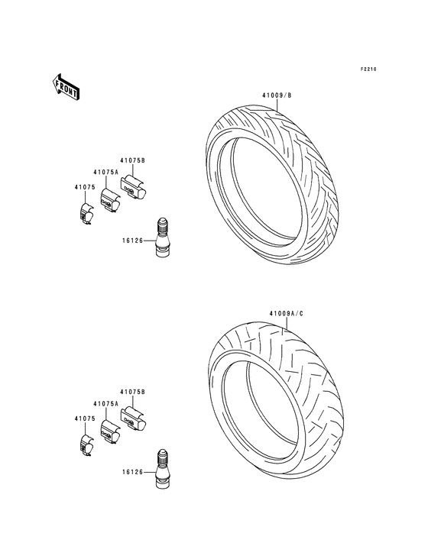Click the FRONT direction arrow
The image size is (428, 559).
tap(65, 86)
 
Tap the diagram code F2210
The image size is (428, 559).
tap(368, 69)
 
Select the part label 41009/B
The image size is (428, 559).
tap(277, 95)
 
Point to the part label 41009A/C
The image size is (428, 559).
tap(286, 314)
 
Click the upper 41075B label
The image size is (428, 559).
tap(132, 160)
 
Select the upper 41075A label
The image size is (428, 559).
tap(105, 172)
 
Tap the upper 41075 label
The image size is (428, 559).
tap(85, 187)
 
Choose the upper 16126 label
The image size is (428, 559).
tap(132, 241)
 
